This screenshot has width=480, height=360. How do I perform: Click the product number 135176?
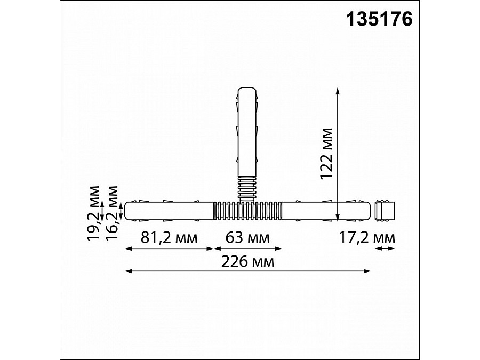[379, 19]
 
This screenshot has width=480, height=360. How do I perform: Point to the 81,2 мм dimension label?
[169, 238]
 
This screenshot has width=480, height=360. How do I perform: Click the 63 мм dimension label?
[247, 238]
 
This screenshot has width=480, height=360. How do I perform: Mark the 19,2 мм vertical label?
[94, 211]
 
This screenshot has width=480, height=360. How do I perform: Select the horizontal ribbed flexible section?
[247, 211]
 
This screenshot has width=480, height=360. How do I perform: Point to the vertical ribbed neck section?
[246, 189]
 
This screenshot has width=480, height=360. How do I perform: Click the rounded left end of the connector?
[128, 210]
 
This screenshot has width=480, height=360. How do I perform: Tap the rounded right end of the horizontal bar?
[366, 210]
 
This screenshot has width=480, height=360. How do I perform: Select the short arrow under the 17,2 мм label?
[384, 248]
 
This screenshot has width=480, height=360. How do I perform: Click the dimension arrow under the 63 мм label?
[247, 248]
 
